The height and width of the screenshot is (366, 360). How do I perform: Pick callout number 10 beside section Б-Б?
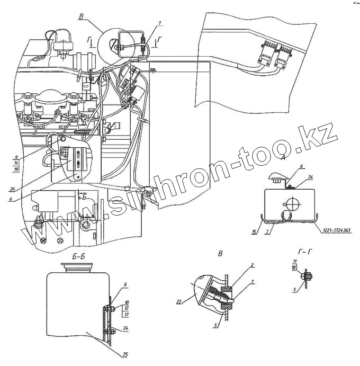pos(127,303)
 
